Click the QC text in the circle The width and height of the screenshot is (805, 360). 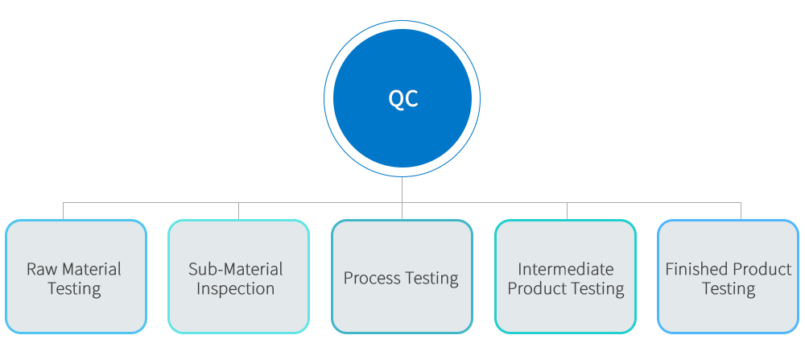pos(402,98)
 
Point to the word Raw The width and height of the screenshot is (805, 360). pos(42,269)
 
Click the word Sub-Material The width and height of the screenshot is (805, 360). pos(236,269)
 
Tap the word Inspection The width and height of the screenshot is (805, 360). pos(236,288)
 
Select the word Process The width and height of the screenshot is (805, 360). pos(373,279)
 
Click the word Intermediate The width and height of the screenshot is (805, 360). pos(565,269)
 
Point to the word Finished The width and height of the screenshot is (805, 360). pos(697,269)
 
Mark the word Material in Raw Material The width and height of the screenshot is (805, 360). pos(92,269)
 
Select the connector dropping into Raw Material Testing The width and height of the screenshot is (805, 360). pos(64,210)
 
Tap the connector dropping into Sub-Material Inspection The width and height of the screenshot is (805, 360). pos(238,210)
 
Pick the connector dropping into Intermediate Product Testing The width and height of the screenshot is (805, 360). pos(567,210)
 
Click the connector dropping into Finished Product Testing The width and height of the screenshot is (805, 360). pos(741,210)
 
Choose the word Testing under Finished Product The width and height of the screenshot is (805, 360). pos(729,289)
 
